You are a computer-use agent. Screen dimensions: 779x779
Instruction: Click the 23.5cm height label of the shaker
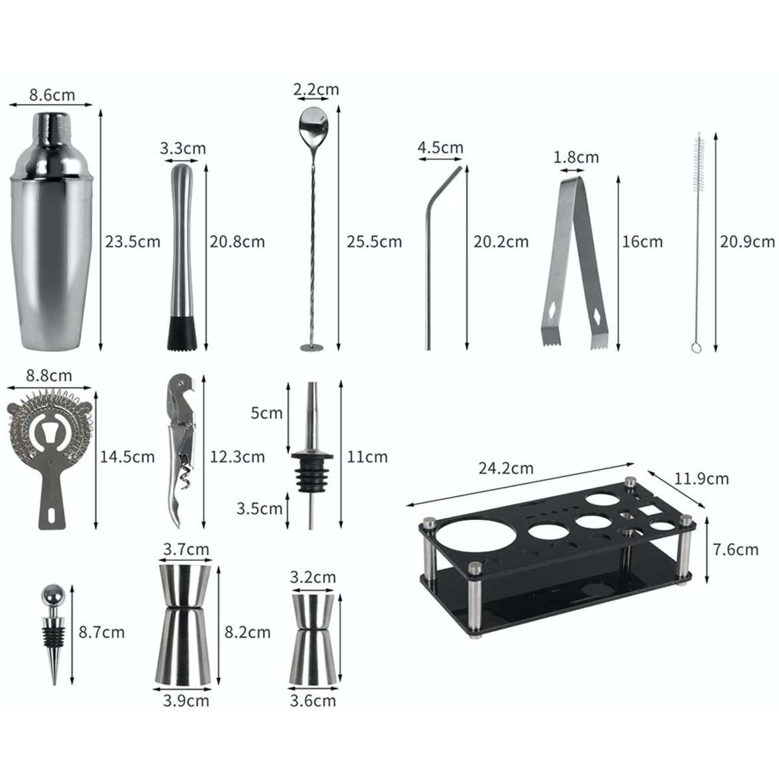132,241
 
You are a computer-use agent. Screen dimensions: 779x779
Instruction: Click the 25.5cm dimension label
374,241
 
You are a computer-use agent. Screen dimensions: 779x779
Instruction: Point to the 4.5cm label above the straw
440,147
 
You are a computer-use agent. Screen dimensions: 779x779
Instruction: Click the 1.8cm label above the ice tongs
576,157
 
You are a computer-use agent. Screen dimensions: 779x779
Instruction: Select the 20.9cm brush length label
747,241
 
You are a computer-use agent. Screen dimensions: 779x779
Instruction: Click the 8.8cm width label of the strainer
49,376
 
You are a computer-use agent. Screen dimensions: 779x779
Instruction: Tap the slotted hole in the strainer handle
51,516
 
